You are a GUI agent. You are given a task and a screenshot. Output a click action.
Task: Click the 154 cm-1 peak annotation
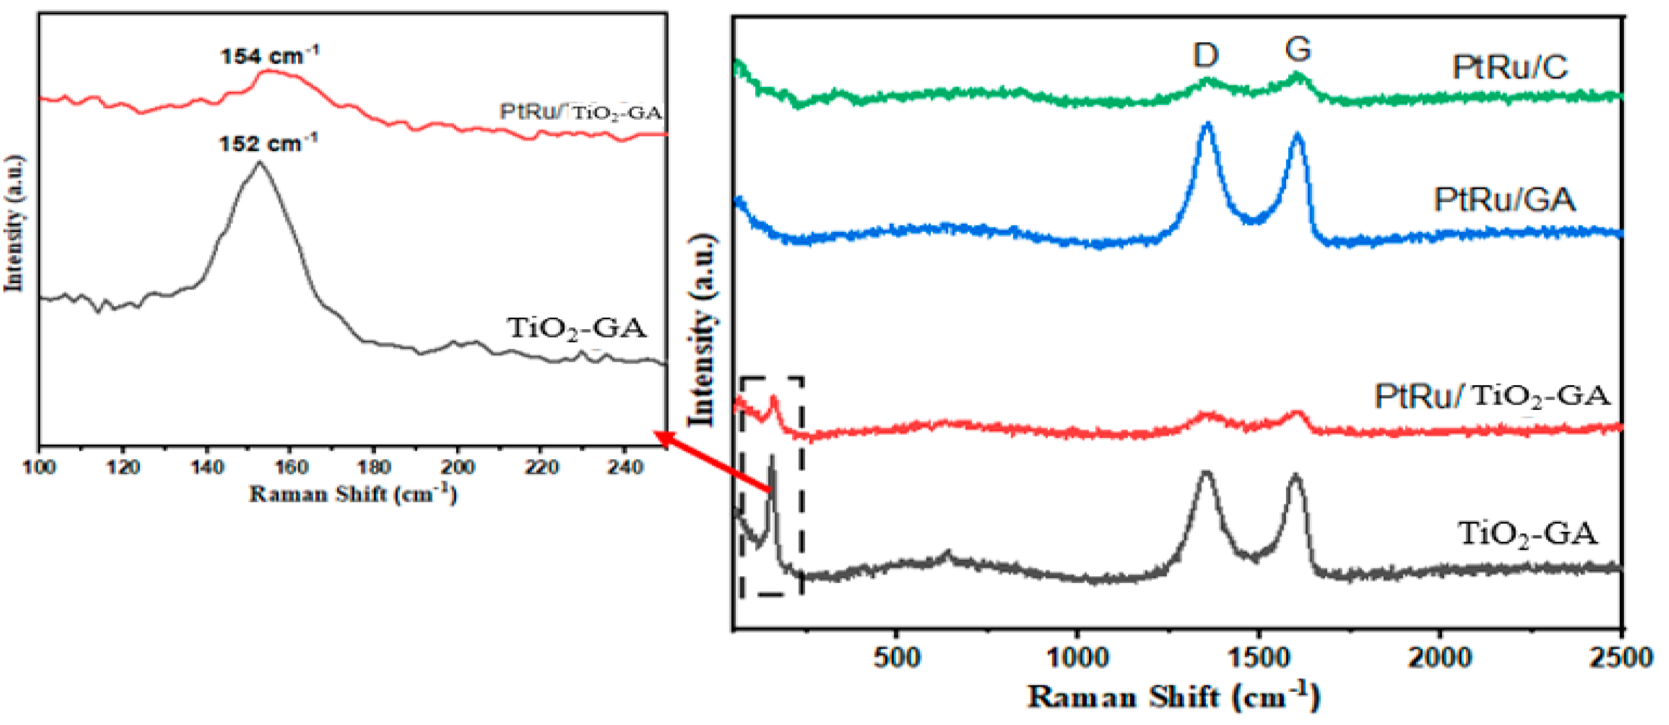click(x=269, y=56)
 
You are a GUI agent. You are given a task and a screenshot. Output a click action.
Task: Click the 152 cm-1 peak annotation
click(x=267, y=143)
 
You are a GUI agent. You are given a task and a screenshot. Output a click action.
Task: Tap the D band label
click(x=1206, y=56)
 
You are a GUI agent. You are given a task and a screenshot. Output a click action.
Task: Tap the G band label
click(x=1298, y=49)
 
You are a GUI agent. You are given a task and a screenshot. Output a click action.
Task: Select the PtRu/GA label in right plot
click(x=1504, y=200)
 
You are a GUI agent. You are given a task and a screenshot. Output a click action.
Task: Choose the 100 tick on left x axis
click(x=40, y=467)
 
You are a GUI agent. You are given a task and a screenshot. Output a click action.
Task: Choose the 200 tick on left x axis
click(x=458, y=467)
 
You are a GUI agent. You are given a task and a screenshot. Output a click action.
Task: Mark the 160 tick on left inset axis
click(x=290, y=467)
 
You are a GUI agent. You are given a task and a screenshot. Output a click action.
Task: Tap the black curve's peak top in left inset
click(x=260, y=163)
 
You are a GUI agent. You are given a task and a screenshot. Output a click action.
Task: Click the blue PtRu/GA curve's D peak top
click(x=1207, y=124)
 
